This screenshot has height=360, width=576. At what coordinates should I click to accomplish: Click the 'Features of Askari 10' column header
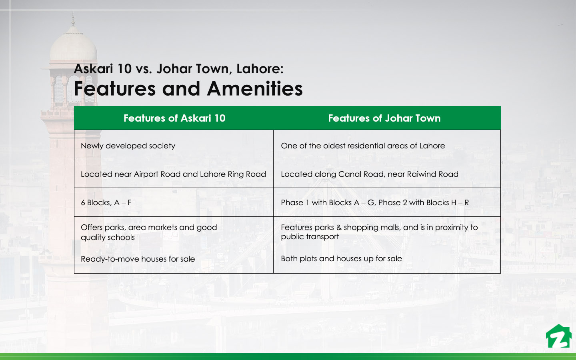point(174,118)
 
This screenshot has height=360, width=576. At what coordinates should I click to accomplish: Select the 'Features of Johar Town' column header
point(384,118)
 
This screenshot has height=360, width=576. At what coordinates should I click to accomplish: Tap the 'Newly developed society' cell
point(128,146)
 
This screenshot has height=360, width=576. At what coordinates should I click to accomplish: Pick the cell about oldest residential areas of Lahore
point(363,146)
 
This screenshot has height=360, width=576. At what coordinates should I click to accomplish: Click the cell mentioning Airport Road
point(173,174)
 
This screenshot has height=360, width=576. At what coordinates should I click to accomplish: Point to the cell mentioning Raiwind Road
point(370,174)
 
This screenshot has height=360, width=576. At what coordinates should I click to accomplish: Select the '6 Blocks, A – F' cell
point(106,202)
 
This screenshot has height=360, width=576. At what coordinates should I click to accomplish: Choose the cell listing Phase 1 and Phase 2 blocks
point(375,202)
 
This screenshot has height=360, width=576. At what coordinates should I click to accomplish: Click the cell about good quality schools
point(149,232)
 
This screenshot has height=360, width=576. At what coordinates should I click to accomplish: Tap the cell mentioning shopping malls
point(379,232)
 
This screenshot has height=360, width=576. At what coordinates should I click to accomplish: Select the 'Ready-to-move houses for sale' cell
point(138,259)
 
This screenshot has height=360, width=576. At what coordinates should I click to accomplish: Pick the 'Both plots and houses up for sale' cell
point(341,258)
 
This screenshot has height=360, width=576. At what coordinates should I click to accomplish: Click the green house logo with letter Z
point(558,337)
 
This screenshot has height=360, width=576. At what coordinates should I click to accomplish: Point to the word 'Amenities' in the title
point(255,89)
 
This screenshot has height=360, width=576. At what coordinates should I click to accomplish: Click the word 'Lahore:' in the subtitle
point(260,69)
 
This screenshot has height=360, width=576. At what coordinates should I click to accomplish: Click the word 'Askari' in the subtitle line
point(94,69)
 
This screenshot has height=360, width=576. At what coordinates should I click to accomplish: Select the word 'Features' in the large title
point(114,89)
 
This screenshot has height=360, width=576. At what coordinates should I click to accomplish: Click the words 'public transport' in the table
point(310,236)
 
